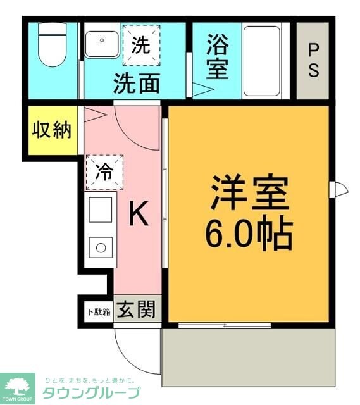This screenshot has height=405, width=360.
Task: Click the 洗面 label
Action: click(136, 84)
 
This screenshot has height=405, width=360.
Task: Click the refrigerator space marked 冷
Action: click(104, 171)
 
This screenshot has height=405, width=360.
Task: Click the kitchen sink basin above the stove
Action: click(101, 210)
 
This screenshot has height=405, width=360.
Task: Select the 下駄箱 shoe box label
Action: click(98, 311)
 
